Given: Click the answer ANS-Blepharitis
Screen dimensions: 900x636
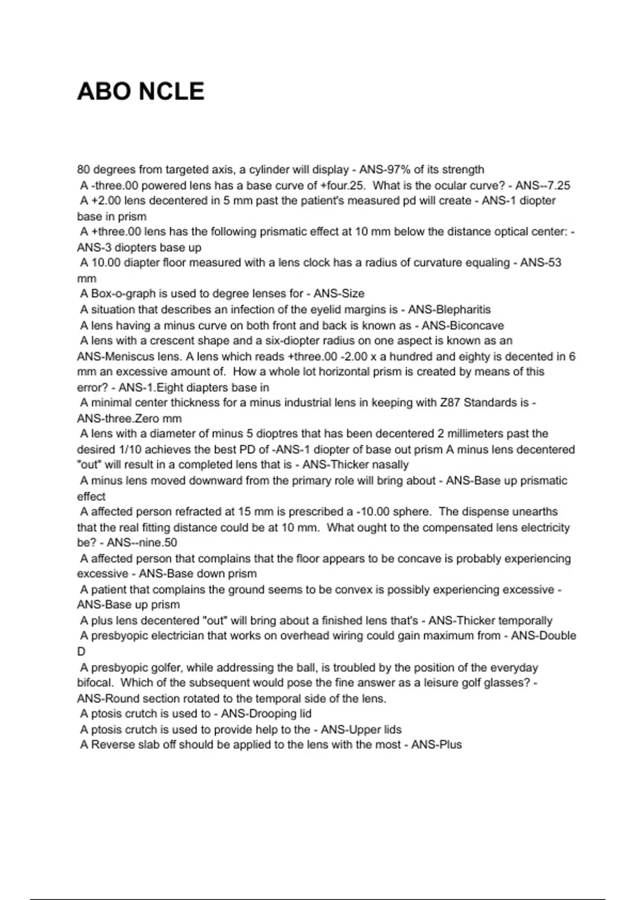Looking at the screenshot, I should point(449,309).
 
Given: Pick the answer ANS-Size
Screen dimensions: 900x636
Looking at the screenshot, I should point(339,293).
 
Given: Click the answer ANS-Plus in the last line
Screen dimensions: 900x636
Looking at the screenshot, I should point(437,745).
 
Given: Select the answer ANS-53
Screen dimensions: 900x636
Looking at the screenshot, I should point(541,263).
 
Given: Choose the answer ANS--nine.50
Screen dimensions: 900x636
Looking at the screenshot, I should point(142,543).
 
